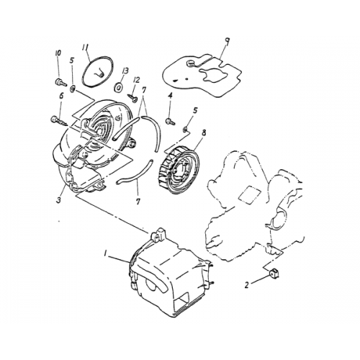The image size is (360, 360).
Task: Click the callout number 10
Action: (57, 55)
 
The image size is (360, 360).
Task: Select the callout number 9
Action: (227, 42)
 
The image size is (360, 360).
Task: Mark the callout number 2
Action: (247, 284)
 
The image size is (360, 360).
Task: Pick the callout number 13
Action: (125, 71)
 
